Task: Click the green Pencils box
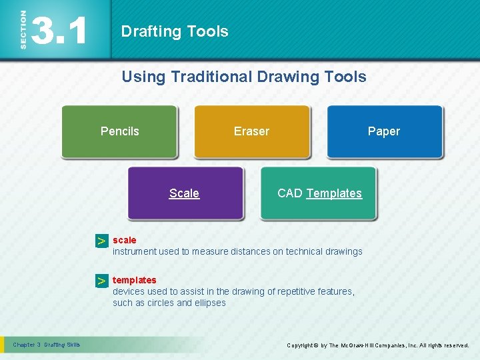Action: (x=119, y=131)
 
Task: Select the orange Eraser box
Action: (x=251, y=131)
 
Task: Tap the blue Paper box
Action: (x=384, y=131)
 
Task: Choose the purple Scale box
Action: (x=185, y=193)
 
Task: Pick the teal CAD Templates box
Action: (x=319, y=193)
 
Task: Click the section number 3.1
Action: (x=60, y=30)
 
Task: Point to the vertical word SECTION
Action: (x=23, y=29)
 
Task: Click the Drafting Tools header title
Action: (x=175, y=31)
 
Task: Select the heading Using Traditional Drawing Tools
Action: (x=243, y=77)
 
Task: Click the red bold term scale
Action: (x=124, y=240)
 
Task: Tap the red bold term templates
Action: (x=134, y=280)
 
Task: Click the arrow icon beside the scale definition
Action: (x=101, y=241)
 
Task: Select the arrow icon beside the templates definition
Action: (x=101, y=282)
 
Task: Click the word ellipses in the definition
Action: (x=210, y=303)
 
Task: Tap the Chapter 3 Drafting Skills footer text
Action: (x=47, y=345)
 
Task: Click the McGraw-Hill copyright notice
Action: (x=377, y=345)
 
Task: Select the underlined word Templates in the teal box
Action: (x=334, y=193)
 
